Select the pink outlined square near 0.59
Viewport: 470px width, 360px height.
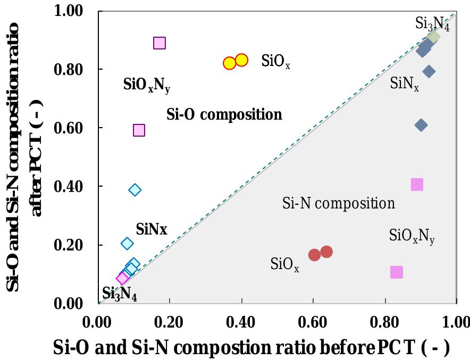point(139,130)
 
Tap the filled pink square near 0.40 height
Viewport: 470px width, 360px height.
point(417,185)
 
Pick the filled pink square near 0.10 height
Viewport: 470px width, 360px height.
point(396,272)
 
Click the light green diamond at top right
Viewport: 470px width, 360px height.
point(434,37)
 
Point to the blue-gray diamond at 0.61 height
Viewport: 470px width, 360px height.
point(421,125)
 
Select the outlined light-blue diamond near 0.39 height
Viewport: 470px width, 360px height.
point(135,190)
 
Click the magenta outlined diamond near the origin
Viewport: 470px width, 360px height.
point(123,278)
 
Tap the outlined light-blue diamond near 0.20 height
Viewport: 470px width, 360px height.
point(127,243)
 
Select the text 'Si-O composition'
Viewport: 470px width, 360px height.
point(224,114)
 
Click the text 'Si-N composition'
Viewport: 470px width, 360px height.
point(338,203)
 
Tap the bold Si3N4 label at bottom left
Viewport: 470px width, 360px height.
point(120,294)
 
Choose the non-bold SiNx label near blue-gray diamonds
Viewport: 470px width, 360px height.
point(404,84)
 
